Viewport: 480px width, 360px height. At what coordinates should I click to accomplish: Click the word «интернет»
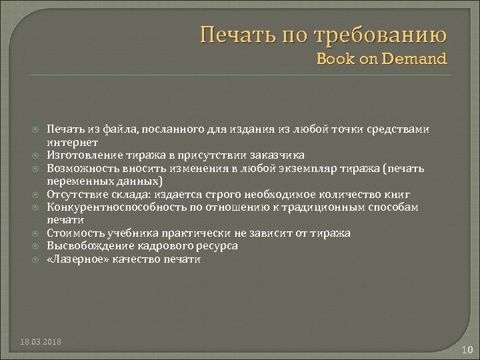coord(73,142)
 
